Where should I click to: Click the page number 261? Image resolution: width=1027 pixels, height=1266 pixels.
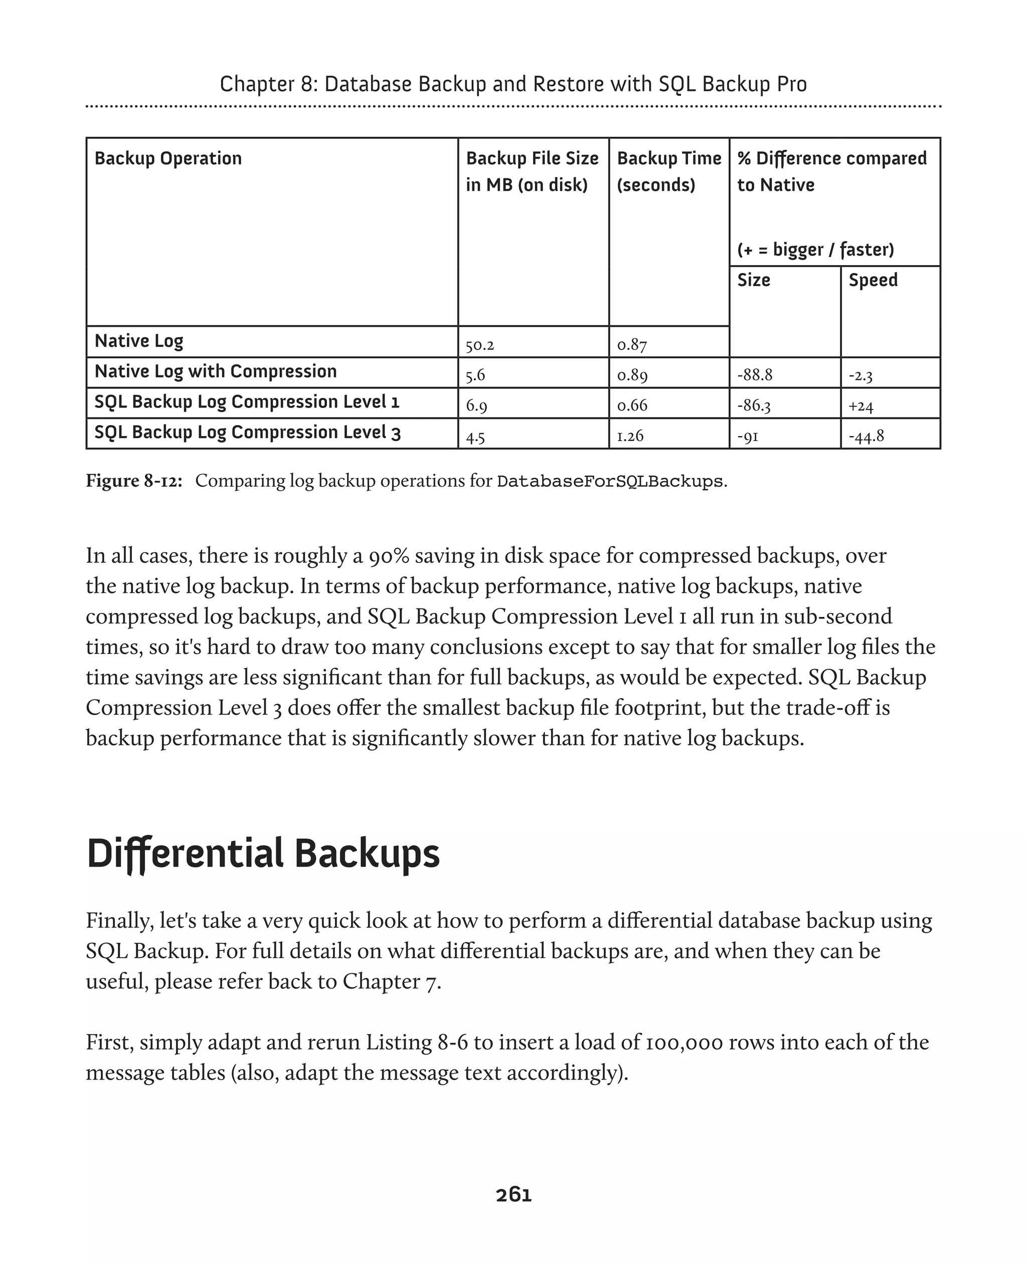[513, 1194]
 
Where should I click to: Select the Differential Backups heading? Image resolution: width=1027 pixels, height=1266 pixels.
[263, 854]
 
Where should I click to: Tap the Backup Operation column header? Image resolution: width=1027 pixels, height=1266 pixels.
[168, 158]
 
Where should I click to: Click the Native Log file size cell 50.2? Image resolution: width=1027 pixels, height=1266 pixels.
[479, 345]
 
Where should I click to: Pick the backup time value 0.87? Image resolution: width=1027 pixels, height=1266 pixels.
[631, 345]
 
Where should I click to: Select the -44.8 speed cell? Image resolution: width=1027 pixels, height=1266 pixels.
[866, 437]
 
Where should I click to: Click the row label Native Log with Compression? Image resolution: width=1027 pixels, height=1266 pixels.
[215, 371]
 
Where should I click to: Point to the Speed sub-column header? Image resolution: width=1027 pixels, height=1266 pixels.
[873, 280]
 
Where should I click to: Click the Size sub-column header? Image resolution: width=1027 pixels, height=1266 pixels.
[753, 280]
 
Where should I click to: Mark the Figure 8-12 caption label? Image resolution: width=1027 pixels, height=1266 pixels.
[134, 481]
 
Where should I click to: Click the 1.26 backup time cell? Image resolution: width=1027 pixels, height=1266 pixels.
[629, 436]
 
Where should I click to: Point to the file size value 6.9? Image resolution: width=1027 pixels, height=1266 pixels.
[476, 405]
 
